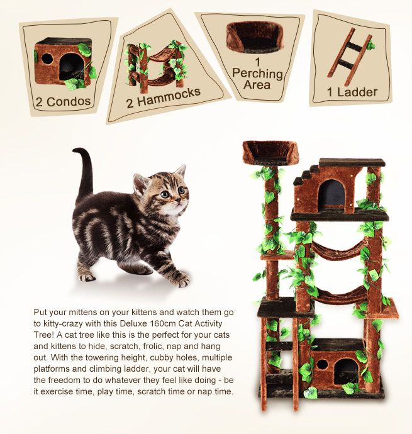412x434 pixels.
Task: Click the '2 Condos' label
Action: (64, 101)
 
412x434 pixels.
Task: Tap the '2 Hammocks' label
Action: (163, 97)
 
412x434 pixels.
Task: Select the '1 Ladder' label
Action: (352, 92)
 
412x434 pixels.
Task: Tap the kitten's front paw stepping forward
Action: (180, 279)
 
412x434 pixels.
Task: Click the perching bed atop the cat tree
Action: (270, 153)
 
